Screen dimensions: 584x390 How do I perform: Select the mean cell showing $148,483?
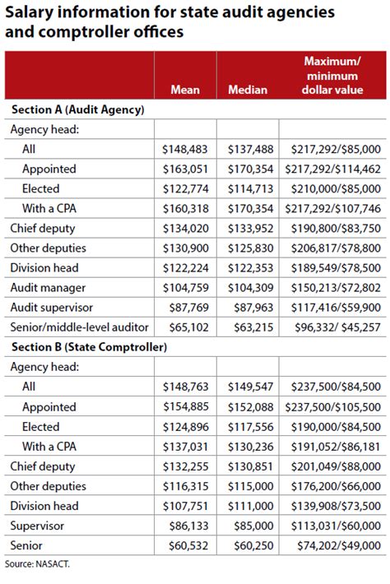(x=186, y=149)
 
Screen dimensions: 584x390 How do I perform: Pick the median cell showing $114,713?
(x=248, y=188)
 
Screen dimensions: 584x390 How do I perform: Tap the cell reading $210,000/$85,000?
(x=335, y=188)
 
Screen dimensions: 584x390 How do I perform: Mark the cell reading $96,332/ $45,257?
(x=335, y=327)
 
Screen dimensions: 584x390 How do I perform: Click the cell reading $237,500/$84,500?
(x=335, y=387)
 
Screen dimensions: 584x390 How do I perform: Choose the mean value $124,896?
(x=186, y=427)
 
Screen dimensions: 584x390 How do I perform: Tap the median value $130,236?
(x=248, y=447)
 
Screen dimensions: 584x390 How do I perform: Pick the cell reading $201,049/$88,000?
(x=335, y=466)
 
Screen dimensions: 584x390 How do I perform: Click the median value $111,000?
(x=248, y=507)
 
